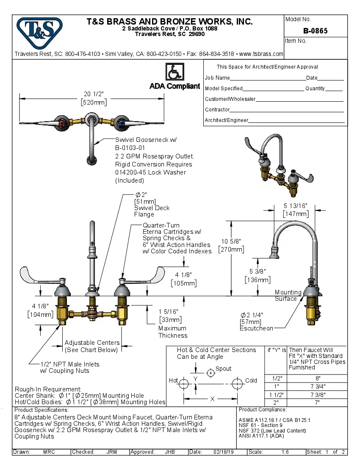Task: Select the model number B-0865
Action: (315, 31)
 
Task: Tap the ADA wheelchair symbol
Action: (174, 72)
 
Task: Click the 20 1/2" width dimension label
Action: (94, 94)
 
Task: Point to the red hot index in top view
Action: (64, 124)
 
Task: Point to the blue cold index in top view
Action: (122, 124)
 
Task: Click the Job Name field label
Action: (217, 78)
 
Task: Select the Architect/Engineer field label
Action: (227, 120)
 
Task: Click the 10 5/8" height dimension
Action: (231, 241)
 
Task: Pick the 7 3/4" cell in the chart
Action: (318, 386)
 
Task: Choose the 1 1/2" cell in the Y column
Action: (276, 394)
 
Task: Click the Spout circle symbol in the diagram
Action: (210, 373)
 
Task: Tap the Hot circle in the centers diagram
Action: (183, 384)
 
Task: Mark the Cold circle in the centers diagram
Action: (237, 384)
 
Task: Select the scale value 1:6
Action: (285, 452)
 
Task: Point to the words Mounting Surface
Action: (288, 295)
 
